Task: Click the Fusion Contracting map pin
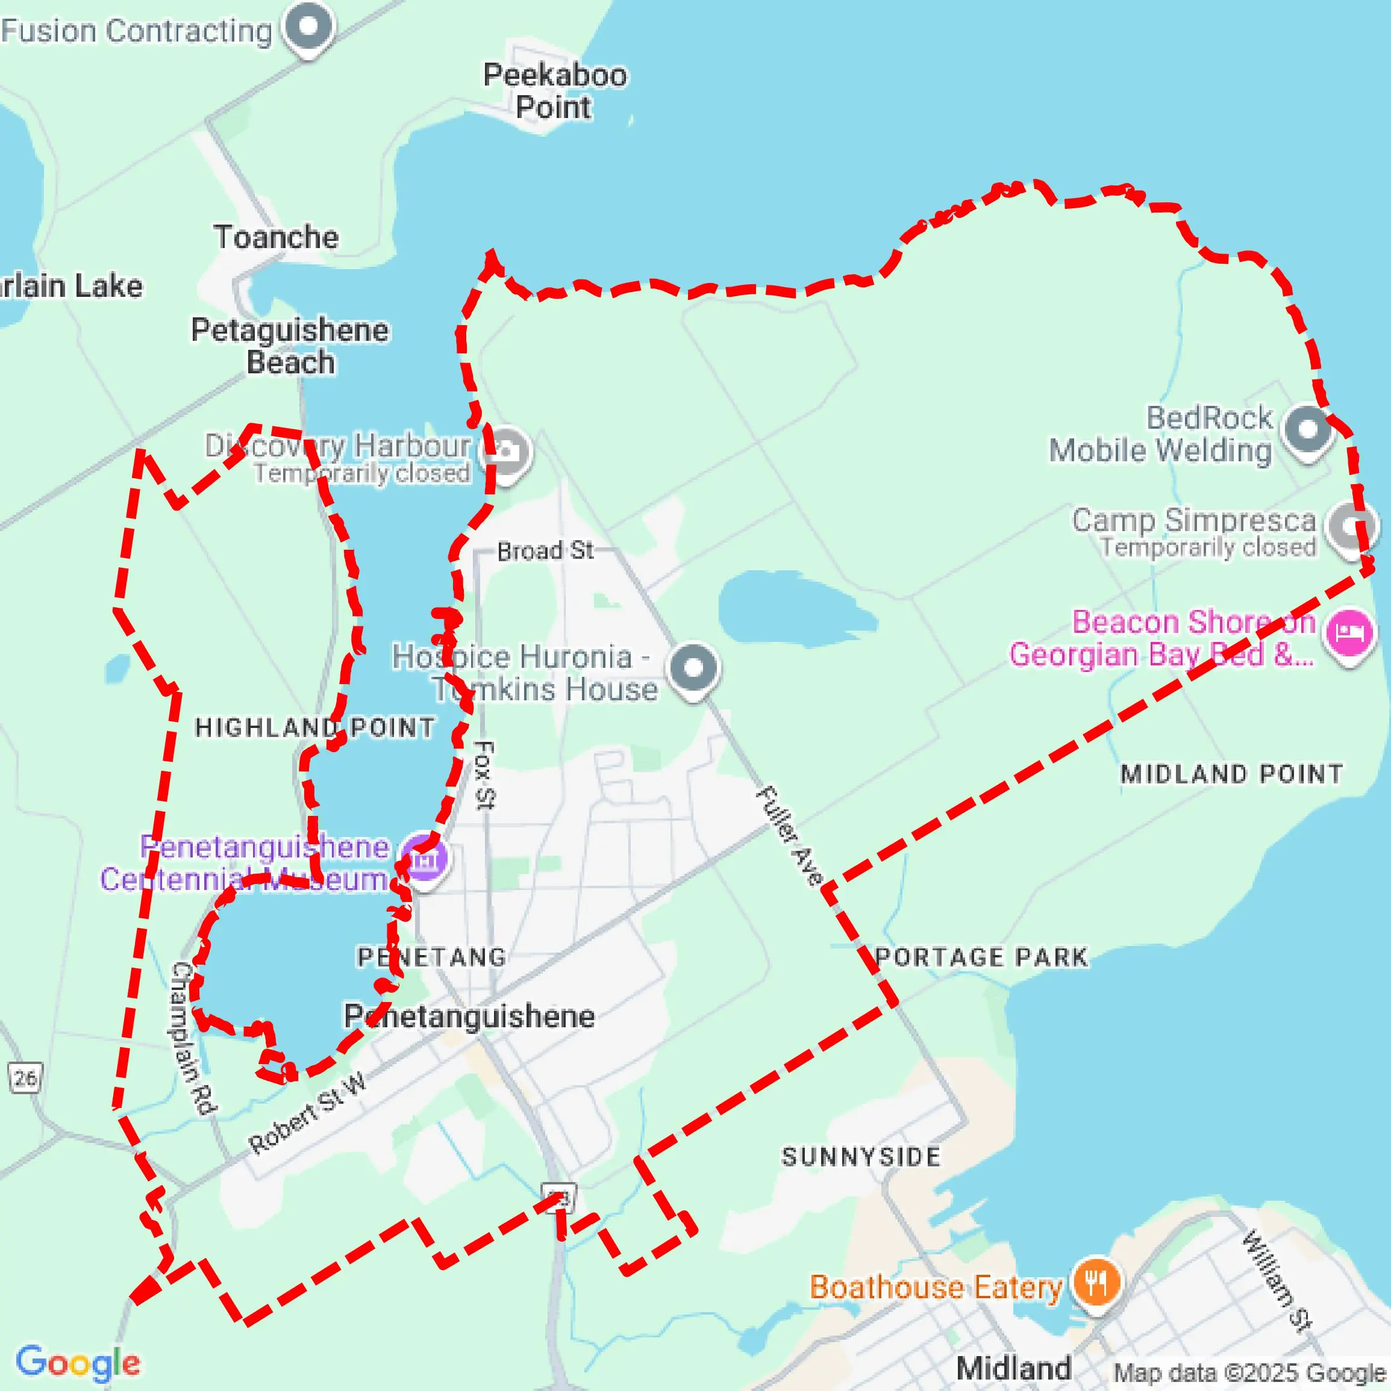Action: pos(309,26)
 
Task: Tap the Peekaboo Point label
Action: pos(554,92)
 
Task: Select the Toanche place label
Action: pos(276,237)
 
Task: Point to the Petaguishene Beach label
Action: pos(290,346)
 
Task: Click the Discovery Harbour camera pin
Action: pos(507,452)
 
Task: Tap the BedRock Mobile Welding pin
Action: pos(1307,430)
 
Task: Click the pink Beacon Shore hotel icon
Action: pos(1349,633)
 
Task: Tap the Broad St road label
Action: pos(545,551)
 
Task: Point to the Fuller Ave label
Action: pos(790,835)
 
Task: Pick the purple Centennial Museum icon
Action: pos(424,859)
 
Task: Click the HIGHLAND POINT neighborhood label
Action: pos(315,727)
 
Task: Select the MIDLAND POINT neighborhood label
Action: pos(1231,774)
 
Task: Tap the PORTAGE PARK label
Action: pos(981,957)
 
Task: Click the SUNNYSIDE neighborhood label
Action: pos(861,1157)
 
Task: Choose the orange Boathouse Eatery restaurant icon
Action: pos(1096,1282)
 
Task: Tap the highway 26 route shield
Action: pos(25,1078)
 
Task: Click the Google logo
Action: pos(78,1361)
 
